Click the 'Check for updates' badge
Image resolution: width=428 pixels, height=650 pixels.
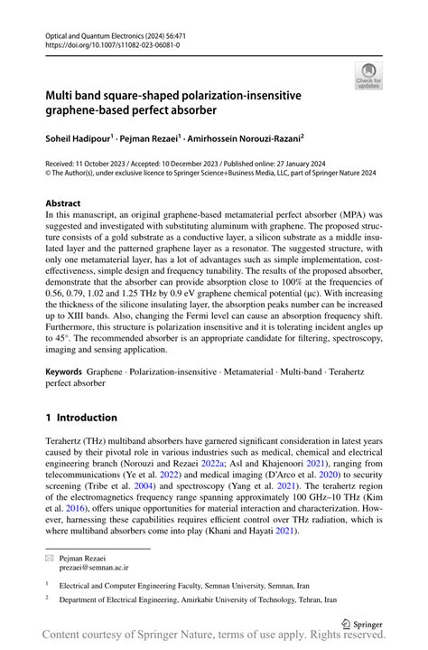[x=368, y=76]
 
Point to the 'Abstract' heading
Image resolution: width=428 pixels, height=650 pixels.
[x=63, y=203]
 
